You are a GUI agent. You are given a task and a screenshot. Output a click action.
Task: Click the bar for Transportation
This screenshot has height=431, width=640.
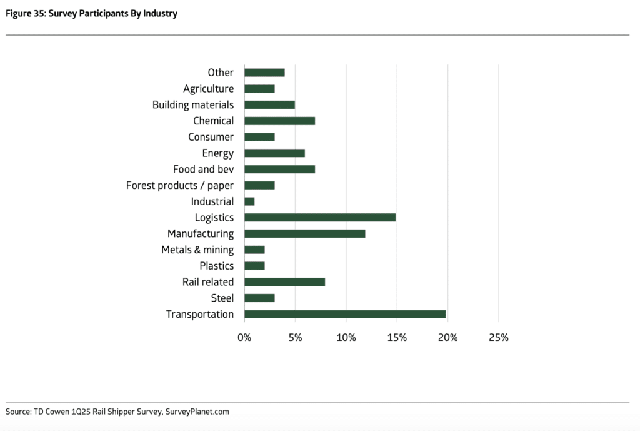tap(345, 314)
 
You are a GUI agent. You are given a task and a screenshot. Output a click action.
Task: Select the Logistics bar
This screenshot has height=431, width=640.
tap(320, 218)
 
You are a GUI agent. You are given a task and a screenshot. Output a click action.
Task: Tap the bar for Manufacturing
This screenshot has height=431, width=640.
tap(304, 234)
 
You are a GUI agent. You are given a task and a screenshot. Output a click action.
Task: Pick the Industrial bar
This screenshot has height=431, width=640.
tap(249, 201)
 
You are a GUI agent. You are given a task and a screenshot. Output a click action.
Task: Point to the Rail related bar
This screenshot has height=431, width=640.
tap(284, 282)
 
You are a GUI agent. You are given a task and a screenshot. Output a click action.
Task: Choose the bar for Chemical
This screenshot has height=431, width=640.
tap(279, 121)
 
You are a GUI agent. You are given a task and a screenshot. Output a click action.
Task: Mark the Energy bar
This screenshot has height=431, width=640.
tap(274, 153)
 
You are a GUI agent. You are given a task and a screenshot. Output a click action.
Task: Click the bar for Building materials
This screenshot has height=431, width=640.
tap(269, 105)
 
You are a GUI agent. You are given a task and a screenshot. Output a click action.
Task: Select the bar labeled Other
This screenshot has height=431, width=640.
tap(264, 73)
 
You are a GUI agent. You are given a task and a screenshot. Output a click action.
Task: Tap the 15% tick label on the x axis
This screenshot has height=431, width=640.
tap(397, 338)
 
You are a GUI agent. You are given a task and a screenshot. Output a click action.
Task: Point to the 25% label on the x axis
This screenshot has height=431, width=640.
tap(498, 338)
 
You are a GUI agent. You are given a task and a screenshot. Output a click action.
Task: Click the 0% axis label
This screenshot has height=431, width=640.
tap(244, 338)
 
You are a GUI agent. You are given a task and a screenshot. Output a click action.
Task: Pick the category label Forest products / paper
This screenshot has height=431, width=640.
tap(180, 185)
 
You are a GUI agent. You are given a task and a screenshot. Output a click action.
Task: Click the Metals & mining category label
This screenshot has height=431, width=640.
tap(197, 250)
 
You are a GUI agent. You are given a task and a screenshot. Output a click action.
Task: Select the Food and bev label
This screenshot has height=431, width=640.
tap(203, 170)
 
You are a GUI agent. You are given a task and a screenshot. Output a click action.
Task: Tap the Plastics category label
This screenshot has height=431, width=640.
tap(217, 266)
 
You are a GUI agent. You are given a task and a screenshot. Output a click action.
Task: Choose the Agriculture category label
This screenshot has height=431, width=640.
tap(208, 89)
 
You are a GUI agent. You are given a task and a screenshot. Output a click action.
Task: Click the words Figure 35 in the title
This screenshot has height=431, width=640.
tap(26, 14)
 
